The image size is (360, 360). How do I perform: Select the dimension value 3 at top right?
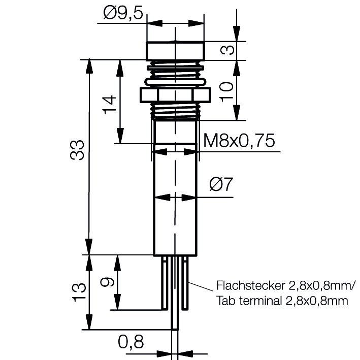pyautogui.click(x=228, y=50)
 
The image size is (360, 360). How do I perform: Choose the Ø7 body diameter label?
pyautogui.click(x=221, y=184)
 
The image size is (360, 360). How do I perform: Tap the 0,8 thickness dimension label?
pyautogui.click(x=130, y=342)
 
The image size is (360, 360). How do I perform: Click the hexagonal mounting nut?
pyautogui.click(x=174, y=94)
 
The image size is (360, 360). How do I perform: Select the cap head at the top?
pyautogui.click(x=175, y=51)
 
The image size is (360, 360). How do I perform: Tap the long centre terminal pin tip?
pyautogui.click(x=175, y=325)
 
